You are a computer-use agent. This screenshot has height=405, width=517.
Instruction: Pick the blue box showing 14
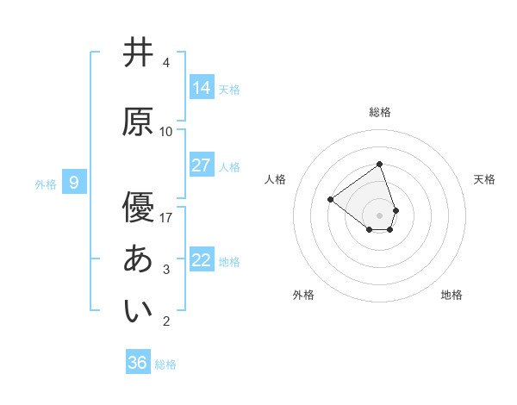click(x=201, y=87)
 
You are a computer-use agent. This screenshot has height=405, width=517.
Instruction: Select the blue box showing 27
click(x=201, y=165)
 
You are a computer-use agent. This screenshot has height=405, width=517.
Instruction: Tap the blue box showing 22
click(x=201, y=260)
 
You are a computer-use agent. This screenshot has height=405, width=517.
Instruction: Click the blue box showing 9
click(x=74, y=183)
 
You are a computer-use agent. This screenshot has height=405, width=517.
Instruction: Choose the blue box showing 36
click(x=138, y=363)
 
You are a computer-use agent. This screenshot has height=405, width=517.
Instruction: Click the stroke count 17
click(x=166, y=217)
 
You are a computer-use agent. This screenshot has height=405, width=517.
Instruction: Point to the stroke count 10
click(x=166, y=132)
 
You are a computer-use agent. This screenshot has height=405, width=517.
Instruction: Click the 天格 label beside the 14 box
click(x=229, y=89)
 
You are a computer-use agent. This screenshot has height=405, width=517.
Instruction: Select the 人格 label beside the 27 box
click(x=229, y=166)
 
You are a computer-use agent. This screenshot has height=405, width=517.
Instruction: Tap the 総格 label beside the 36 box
click(x=165, y=364)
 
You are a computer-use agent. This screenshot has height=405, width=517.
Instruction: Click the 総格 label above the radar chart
click(x=379, y=112)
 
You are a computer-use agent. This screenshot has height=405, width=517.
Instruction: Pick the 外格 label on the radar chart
click(x=303, y=295)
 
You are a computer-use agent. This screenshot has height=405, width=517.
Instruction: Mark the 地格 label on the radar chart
click(x=452, y=295)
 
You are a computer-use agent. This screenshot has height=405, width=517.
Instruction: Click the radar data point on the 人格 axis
click(x=330, y=200)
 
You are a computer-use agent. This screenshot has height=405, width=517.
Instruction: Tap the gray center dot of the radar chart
click(x=379, y=215)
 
